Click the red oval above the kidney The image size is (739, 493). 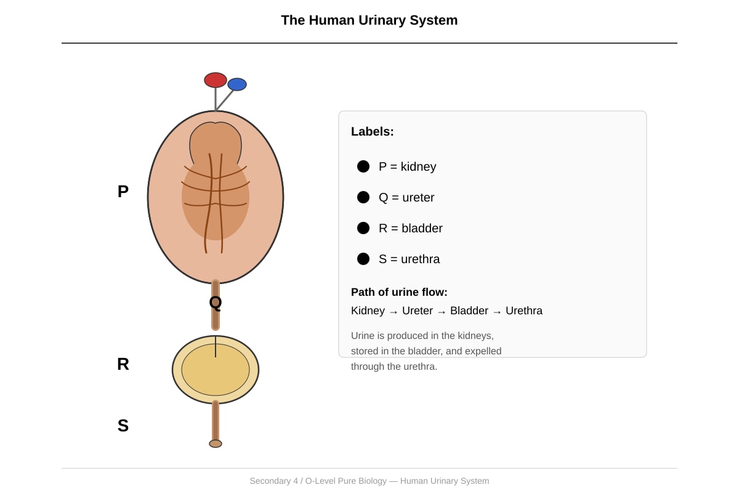216,80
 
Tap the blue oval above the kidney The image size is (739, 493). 237,84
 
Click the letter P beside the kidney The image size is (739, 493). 123,192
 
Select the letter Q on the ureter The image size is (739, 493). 216,303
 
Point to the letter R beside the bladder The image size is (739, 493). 123,364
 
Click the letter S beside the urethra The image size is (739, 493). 123,426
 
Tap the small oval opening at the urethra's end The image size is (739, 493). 216,444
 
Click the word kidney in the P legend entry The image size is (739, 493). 418,167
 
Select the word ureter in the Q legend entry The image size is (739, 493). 418,197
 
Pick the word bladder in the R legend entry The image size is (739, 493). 422,228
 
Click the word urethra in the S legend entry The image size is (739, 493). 420,259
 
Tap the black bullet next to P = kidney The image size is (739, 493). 363,166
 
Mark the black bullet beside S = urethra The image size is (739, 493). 363,259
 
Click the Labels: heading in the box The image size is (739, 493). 373,131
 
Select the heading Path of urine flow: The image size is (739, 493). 399,292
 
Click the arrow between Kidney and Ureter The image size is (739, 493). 394,312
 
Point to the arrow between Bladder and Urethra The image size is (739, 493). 497,312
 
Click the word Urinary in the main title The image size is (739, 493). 382,20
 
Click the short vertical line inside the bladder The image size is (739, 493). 216,347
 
